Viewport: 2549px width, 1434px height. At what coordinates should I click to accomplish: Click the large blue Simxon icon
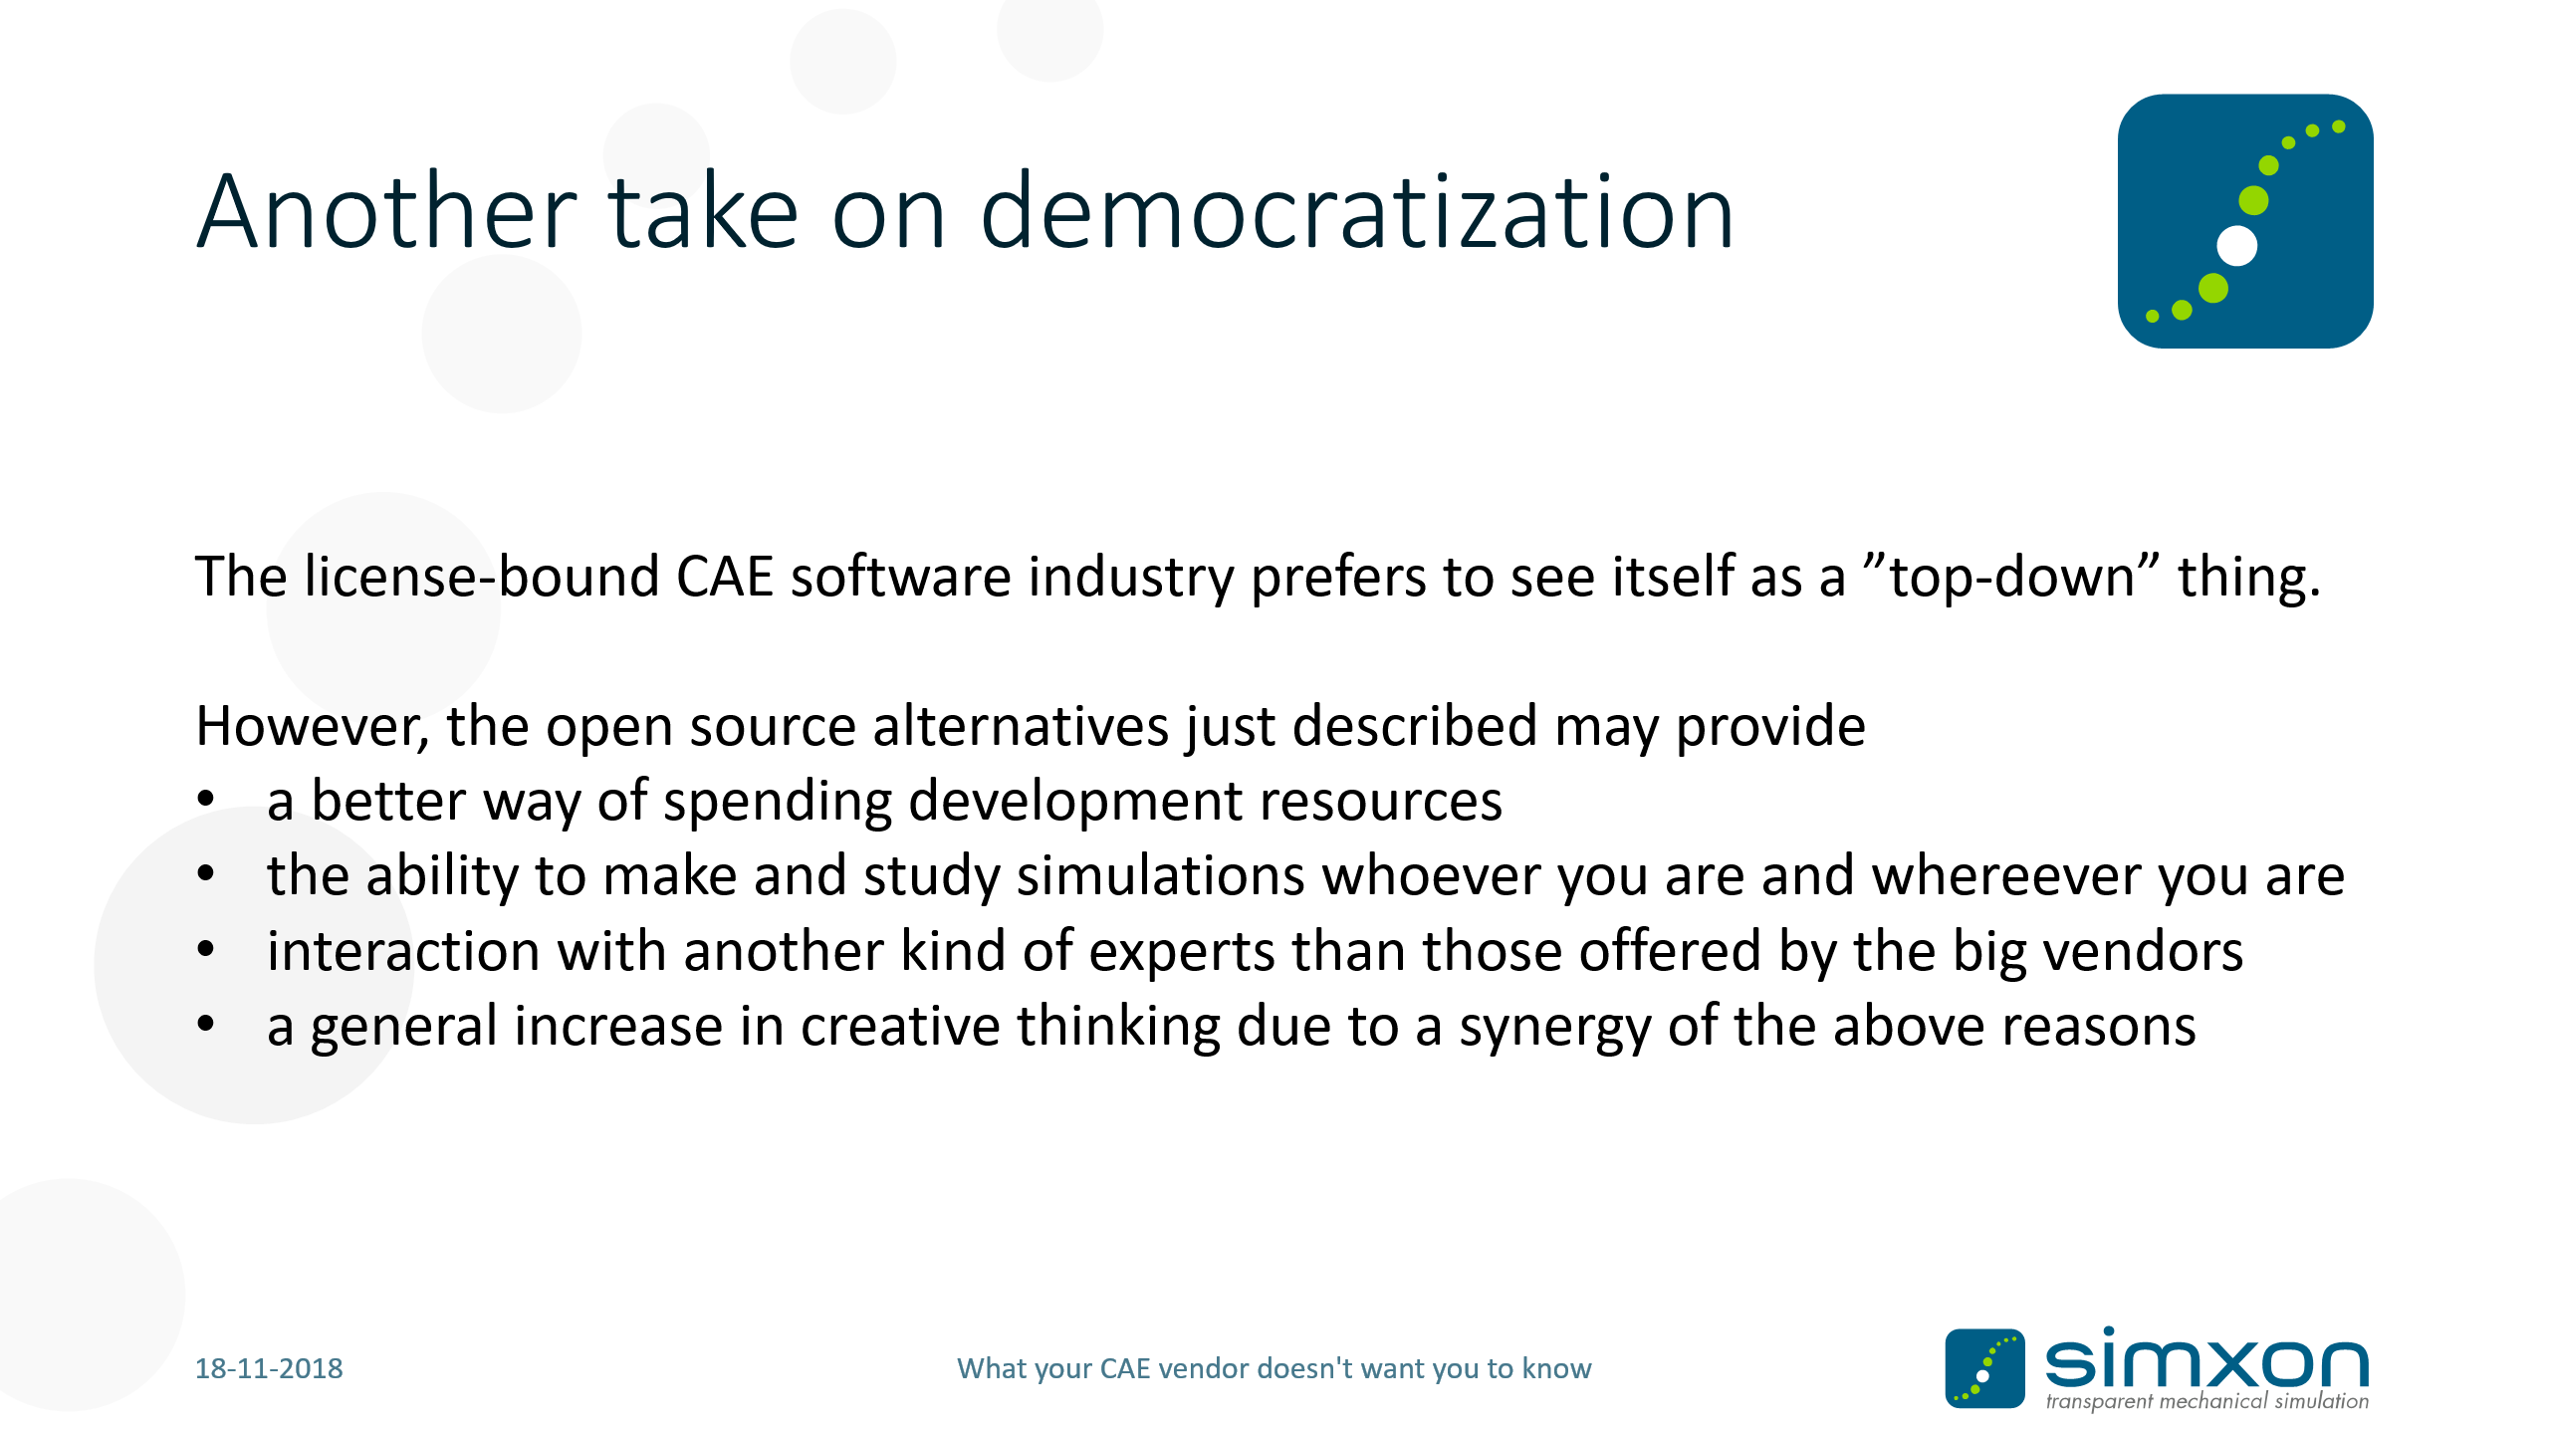2245,221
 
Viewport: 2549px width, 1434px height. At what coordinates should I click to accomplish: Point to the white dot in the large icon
2237,246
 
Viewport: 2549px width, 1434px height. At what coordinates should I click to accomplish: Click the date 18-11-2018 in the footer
269,1368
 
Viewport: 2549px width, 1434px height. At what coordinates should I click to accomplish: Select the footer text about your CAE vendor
1274,1369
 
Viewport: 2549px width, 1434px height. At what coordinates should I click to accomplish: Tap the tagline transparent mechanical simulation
2207,1401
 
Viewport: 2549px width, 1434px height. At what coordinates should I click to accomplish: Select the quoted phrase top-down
2011,578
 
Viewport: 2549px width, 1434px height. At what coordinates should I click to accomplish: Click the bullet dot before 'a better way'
206,799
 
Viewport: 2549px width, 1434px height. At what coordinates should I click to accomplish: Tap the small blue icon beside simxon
1985,1368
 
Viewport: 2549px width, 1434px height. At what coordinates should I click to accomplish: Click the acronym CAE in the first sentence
725,576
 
